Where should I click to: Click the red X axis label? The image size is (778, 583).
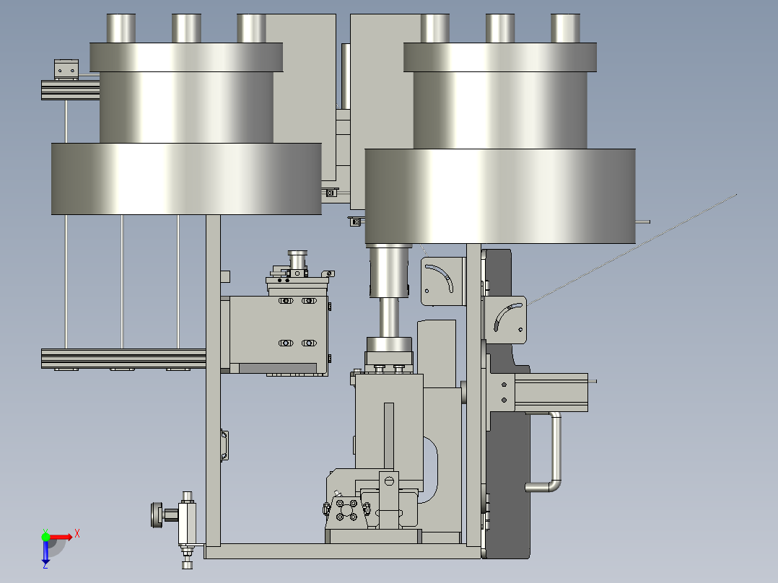click(x=77, y=534)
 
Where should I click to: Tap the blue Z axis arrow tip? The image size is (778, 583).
click(x=45, y=566)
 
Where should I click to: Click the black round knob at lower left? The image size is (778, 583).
click(x=157, y=515)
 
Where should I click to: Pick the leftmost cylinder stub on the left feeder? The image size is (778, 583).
click(x=121, y=28)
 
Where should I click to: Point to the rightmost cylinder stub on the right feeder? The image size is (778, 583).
click(x=565, y=28)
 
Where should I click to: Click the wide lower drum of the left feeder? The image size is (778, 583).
click(x=186, y=179)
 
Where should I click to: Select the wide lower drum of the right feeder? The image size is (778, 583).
click(x=500, y=196)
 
